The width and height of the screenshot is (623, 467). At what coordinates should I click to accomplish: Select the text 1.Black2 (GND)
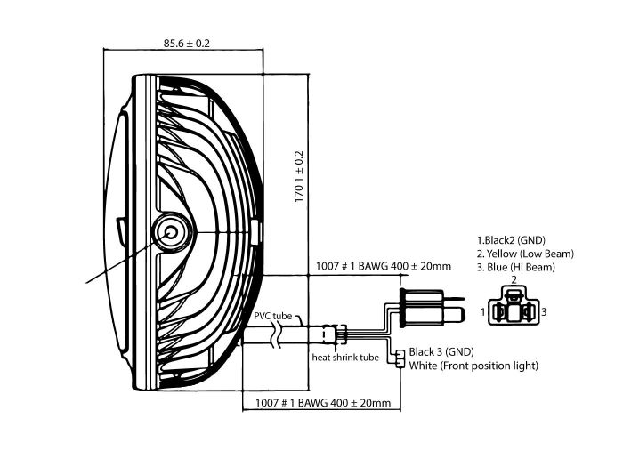coord(512,240)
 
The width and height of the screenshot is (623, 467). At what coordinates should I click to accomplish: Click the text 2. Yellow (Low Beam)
coord(526,254)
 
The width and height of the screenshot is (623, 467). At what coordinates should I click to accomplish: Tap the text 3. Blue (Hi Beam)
coord(516,267)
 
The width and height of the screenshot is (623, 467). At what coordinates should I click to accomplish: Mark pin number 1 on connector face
coord(482,312)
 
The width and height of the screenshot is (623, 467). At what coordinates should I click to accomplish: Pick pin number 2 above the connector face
coord(514,280)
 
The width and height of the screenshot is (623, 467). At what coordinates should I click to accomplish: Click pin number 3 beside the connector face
coord(546,312)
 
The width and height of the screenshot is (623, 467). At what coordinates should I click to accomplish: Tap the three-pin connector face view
coord(514,310)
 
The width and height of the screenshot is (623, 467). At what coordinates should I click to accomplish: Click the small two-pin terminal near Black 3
coord(400,358)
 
